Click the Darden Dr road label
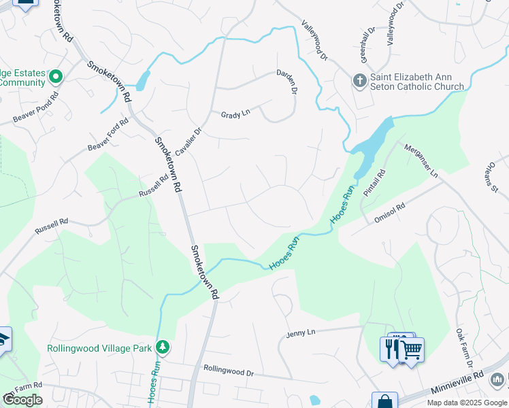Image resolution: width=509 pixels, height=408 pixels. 287,82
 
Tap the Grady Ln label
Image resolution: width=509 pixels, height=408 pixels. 235,115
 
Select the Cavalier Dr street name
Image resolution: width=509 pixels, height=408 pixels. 188,141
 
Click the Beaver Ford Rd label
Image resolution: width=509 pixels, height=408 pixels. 108,136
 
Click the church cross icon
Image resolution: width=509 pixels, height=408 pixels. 359,82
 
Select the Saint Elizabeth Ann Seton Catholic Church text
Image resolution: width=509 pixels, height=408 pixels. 417,82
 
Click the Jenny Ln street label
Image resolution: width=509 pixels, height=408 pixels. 301,333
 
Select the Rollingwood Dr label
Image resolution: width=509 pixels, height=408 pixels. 228,372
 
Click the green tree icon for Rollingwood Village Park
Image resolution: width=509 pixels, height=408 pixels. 163,347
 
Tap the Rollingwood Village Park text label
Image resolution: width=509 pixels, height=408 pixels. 99,348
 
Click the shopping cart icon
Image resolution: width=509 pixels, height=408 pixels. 412,350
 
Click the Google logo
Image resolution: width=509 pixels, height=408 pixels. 22,400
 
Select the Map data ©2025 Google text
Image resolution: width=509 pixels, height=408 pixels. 466,403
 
